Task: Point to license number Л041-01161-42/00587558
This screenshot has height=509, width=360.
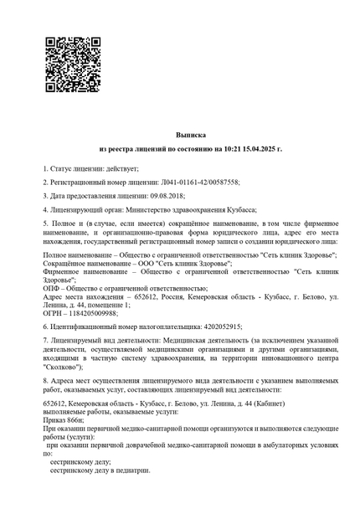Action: click(x=199, y=182)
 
